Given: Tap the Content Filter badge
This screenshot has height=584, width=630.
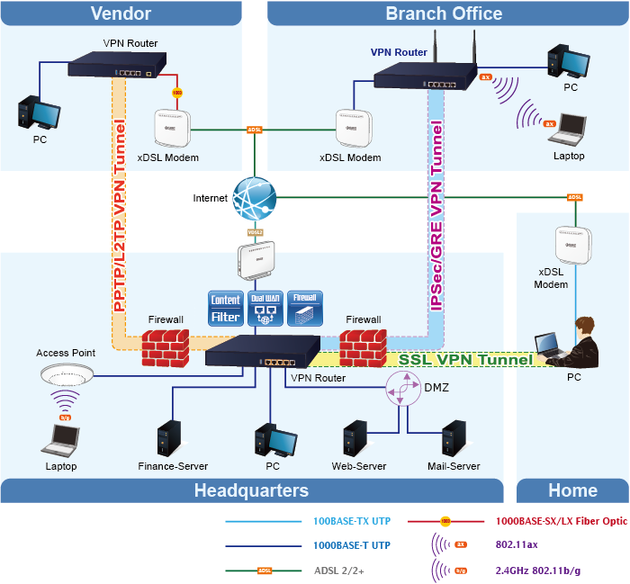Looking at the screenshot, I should coord(225,309).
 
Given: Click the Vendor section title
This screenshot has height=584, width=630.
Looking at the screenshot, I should coord(121,13).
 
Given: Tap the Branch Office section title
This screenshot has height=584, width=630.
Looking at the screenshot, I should coord(444,13).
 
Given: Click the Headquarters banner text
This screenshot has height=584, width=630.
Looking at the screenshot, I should coord(251,490).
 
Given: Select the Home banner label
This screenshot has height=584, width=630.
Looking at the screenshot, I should coord(572,490).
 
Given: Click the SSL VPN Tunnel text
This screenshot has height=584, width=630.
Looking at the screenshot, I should coord(465,359).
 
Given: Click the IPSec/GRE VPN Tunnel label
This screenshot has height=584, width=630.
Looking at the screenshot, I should coord(436,216).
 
